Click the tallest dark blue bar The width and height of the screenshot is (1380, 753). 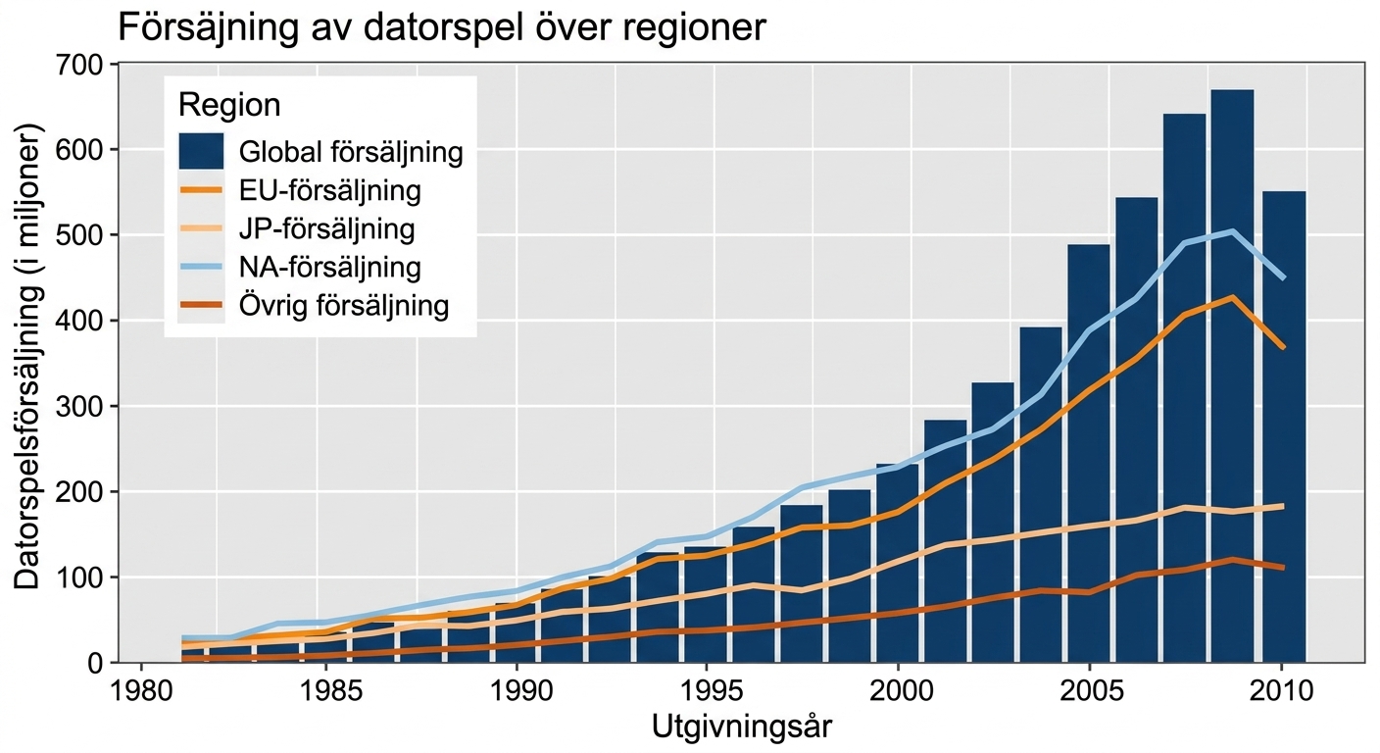1232,376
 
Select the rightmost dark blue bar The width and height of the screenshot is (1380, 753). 1284,427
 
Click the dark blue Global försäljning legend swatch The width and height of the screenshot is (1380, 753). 202,151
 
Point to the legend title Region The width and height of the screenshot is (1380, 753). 229,105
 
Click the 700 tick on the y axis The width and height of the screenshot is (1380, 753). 78,65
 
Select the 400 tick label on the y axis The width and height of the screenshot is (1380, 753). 78,321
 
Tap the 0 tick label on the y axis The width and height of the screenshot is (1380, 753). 95,664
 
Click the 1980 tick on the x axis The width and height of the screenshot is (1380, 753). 142,691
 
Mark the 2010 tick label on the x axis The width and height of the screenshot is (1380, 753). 1281,691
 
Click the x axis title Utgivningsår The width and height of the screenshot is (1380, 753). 741,728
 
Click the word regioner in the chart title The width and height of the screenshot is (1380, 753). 693,28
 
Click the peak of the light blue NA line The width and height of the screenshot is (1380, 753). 1232,231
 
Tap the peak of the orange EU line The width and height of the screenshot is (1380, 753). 1232,297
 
